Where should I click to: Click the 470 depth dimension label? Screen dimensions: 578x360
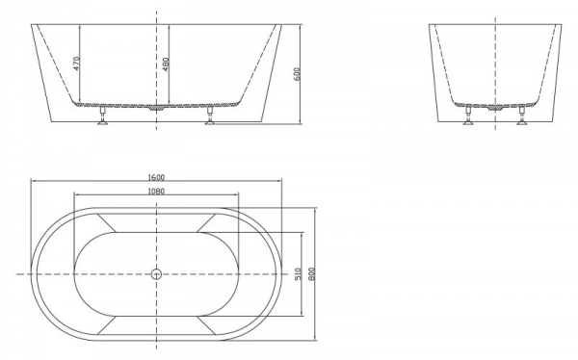76,64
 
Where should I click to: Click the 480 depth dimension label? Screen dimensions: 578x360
166,64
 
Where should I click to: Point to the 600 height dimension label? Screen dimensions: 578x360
298,73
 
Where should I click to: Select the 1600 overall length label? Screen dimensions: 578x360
156,177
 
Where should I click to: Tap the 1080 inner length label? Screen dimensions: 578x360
156,191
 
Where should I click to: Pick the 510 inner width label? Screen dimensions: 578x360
299,273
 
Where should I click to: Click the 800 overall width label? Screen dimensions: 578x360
312,273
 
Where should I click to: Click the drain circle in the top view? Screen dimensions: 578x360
156,273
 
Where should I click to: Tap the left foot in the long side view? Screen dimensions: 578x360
103,116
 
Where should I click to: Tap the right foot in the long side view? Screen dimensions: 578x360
210,116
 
